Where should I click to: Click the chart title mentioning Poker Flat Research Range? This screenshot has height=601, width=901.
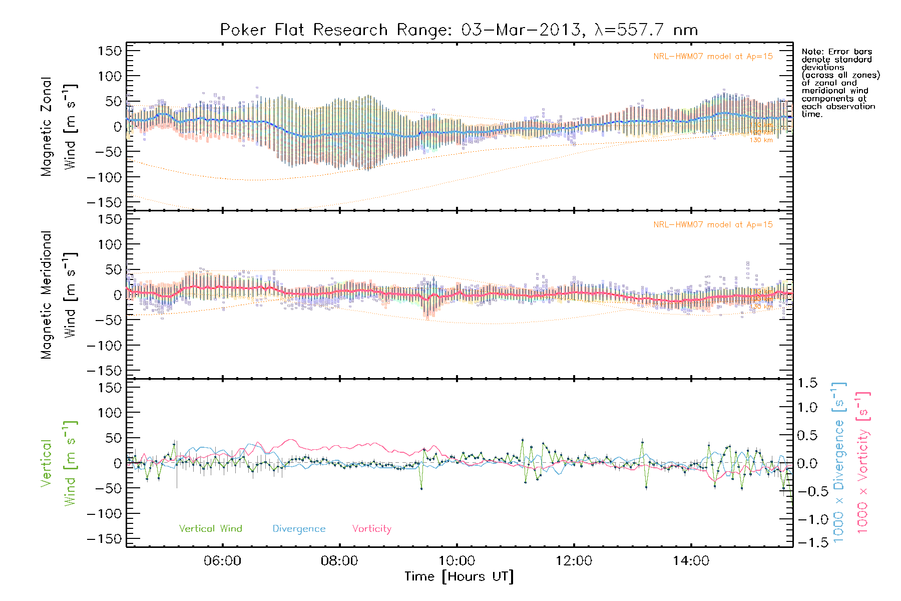point(459,30)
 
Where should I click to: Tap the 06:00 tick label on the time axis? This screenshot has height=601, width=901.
point(222,561)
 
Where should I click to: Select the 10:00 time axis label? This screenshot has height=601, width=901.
point(457,561)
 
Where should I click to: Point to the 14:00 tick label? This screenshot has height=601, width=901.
point(691,561)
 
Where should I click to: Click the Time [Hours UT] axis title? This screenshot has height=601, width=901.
point(459,576)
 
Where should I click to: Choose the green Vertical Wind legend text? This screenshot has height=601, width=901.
point(210,528)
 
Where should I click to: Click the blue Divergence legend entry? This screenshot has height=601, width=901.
point(299,529)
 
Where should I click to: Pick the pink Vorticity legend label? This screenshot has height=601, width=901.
point(371,528)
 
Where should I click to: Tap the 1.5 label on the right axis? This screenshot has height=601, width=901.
point(807,383)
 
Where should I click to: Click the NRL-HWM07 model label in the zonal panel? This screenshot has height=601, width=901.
point(713,57)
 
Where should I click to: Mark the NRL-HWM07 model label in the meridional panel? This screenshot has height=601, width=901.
point(713,225)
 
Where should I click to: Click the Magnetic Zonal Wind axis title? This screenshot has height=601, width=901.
point(58,127)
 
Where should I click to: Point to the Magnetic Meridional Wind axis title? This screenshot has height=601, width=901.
point(58,295)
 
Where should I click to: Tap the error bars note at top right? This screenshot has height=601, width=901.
point(840,83)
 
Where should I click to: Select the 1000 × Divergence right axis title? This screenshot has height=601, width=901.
point(839,462)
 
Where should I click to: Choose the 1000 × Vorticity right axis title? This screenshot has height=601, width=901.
point(862,462)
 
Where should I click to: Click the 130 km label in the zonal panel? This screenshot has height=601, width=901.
point(761,140)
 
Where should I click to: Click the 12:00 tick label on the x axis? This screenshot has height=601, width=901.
point(574,561)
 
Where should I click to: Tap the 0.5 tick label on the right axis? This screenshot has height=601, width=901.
point(807,435)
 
